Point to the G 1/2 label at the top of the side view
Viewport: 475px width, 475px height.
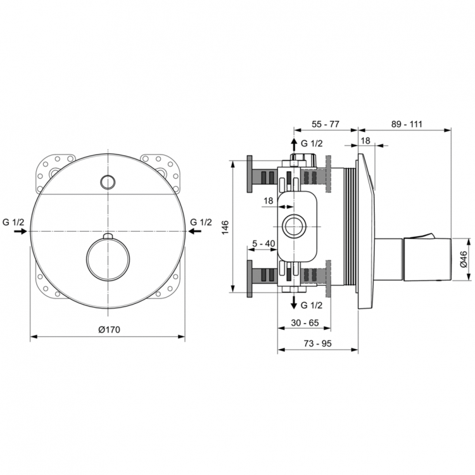pos(312,143)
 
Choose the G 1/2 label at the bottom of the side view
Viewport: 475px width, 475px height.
pos(312,305)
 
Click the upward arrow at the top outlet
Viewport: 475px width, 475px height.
pos(293,144)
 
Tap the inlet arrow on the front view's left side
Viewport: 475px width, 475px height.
pos(20,232)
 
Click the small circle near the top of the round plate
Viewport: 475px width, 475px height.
pos(108,182)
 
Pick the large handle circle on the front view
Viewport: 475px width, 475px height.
pos(108,260)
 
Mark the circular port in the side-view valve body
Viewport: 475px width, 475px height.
pos(293,226)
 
